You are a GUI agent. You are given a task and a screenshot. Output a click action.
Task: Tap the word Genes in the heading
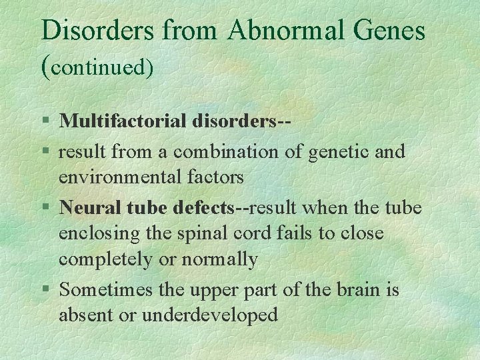pyautogui.click(x=391, y=31)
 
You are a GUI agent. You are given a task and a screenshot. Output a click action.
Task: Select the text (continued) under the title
pyautogui.click(x=97, y=67)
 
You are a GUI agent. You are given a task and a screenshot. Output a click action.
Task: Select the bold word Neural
pyautogui.click(x=87, y=207)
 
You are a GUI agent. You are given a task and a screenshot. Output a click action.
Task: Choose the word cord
pyautogui.click(x=255, y=233)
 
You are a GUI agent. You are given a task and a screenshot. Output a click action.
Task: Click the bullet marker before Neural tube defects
pyautogui.click(x=45, y=208)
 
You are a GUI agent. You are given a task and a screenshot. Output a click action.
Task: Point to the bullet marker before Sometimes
pyautogui.click(x=45, y=290)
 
